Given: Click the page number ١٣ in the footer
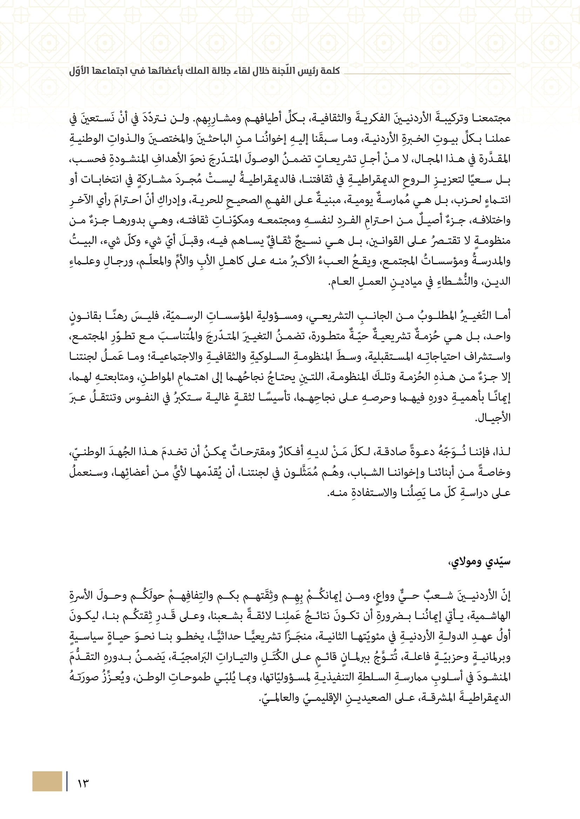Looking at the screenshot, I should tap(83, 783).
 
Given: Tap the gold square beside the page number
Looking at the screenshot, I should tap(47, 781).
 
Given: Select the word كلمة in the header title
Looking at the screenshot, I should tap(330, 71).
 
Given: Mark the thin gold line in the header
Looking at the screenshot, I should tap(427, 74).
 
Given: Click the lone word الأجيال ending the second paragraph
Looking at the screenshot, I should tap(493, 418).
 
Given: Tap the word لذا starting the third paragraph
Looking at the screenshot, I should tap(502, 452).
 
